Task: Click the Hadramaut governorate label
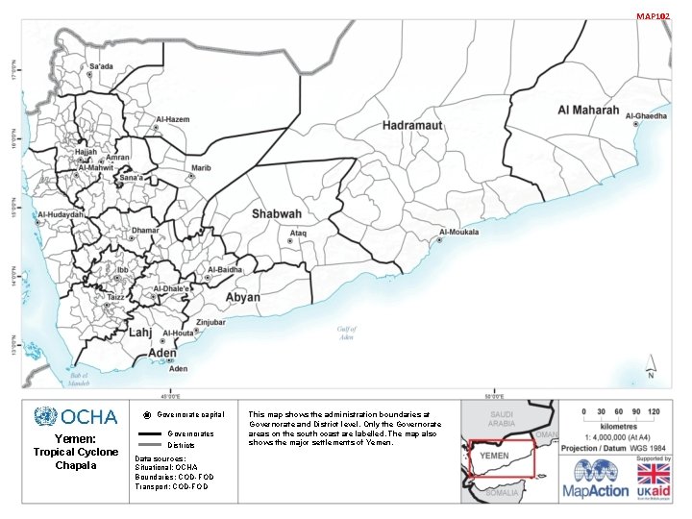(x=411, y=126)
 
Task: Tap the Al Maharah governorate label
(x=588, y=111)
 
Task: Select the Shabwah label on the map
(x=277, y=214)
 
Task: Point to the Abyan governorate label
(x=242, y=298)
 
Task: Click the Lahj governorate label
(x=140, y=332)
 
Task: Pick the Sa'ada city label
(x=101, y=66)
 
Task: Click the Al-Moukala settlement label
(x=458, y=232)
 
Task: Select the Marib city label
(x=201, y=168)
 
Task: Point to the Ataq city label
(x=299, y=233)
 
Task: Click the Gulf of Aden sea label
(x=346, y=333)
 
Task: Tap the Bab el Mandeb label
(x=79, y=379)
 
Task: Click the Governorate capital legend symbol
(x=145, y=415)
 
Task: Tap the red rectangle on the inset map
(x=503, y=458)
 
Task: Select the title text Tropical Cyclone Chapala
(x=75, y=458)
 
